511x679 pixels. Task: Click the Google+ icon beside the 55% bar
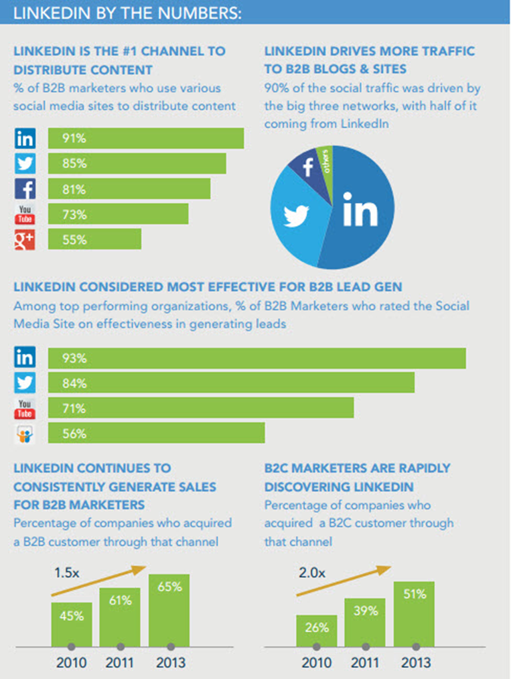[25, 239]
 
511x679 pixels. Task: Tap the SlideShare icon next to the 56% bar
[25, 434]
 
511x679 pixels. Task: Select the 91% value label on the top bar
[74, 139]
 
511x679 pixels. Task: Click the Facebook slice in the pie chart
[309, 168]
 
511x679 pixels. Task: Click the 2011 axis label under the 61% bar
[120, 663]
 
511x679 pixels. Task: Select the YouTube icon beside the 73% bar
[25, 214]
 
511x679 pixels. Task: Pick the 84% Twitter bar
[231, 383]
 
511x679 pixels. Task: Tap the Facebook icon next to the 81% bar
[25, 189]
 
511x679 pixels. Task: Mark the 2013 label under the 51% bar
[415, 663]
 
